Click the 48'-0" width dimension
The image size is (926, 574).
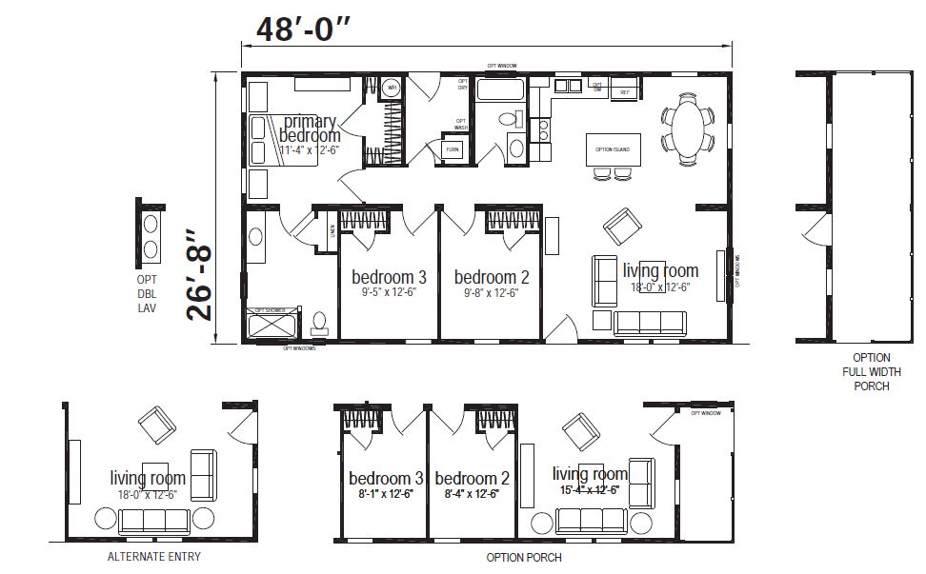coord(304,29)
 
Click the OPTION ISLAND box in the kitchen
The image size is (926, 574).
coord(613,149)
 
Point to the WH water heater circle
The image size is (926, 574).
coord(391,89)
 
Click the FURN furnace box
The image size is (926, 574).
coord(452,149)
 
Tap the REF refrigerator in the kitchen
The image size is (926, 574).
coord(625,92)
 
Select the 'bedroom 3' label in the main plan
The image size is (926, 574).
coord(389,277)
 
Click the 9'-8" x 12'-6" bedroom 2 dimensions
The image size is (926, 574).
coord(492,293)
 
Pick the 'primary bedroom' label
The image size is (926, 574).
coord(310,129)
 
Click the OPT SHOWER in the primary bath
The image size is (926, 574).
coord(272,324)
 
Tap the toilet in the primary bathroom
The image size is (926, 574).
coord(320,324)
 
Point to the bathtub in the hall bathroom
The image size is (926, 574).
coord(499,91)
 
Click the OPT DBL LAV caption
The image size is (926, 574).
coord(146,293)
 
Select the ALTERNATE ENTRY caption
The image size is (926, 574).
coord(153,557)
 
